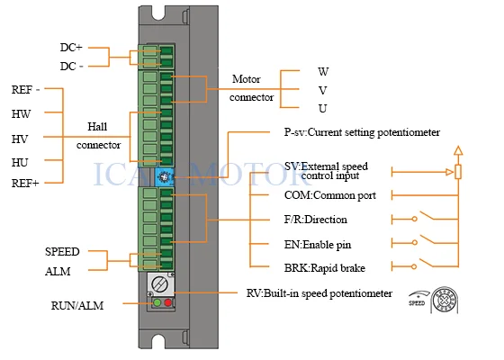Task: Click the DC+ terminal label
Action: coord(71,47)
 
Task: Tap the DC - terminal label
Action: coord(72,67)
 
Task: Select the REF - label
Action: coord(25,89)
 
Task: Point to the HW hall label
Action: coord(22,113)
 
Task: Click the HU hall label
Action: coord(20,163)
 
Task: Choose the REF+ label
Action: coord(25,184)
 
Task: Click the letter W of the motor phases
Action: coord(323,71)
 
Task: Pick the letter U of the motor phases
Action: coord(323,109)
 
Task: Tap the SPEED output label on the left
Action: coord(62,251)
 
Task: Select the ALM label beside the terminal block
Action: coord(58,272)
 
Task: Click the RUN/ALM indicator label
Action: coord(77,305)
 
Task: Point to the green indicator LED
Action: coord(157,302)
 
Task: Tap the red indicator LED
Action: coord(167,302)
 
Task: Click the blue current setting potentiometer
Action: coord(164,176)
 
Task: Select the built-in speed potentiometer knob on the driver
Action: coord(159,284)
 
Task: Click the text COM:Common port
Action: coord(329,195)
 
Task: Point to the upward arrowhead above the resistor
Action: coord(458,151)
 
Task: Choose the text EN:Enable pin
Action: coord(318,245)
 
